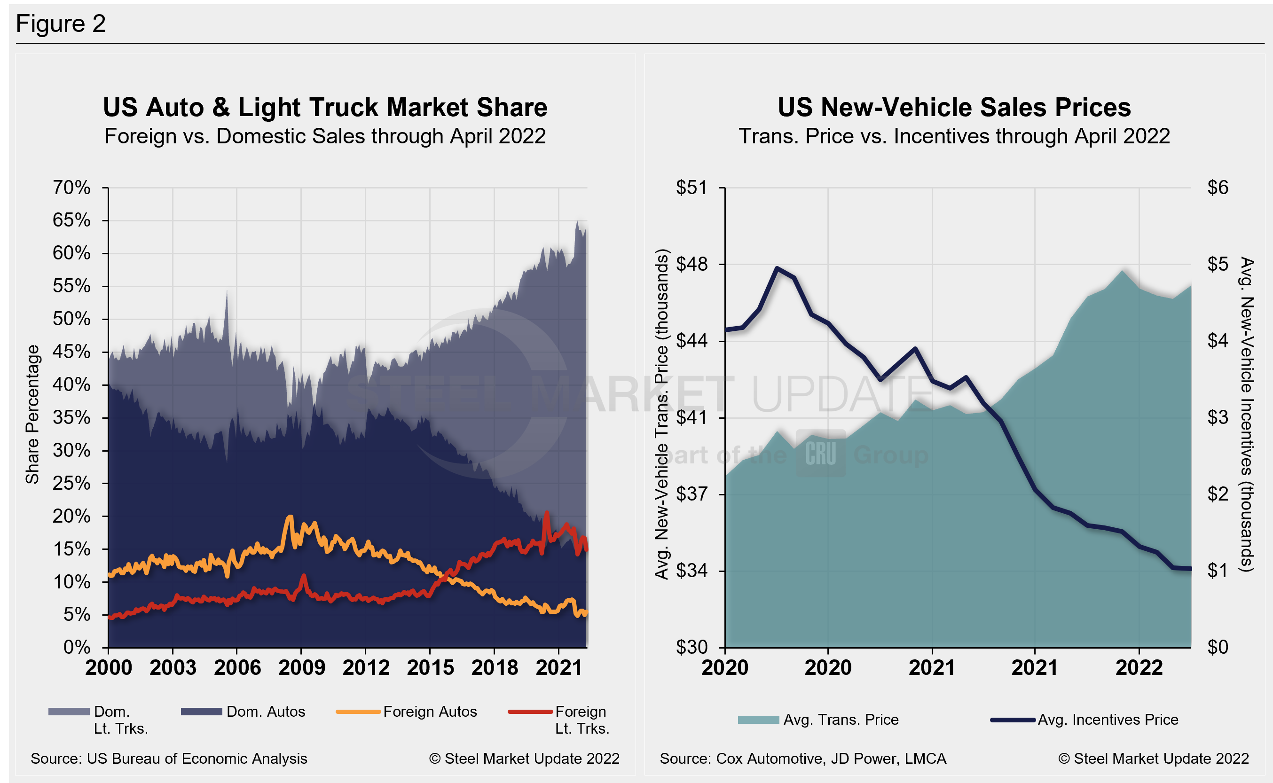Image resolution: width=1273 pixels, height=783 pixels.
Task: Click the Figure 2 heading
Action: (x=61, y=24)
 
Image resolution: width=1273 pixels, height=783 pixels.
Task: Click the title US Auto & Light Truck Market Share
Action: (x=325, y=108)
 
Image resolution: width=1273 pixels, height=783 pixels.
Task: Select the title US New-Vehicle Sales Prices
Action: (x=953, y=108)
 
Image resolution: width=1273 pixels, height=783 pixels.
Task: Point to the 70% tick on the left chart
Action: (x=71, y=188)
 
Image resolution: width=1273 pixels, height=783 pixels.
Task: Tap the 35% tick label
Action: (x=71, y=417)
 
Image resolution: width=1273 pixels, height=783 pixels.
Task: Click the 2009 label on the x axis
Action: (x=301, y=667)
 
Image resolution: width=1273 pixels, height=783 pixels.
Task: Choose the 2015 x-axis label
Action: (x=430, y=667)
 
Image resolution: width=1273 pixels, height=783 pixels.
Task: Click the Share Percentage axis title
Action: (x=32, y=414)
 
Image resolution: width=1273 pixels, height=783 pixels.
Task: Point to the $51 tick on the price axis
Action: (x=691, y=188)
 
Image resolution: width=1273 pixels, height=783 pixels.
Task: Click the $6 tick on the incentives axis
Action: (x=1217, y=188)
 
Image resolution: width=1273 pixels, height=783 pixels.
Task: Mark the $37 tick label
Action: (x=691, y=494)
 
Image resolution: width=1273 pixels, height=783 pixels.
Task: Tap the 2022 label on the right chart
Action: (x=1139, y=667)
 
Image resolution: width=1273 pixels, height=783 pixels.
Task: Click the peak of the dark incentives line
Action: (x=776, y=268)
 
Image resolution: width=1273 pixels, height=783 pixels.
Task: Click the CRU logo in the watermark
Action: (x=820, y=454)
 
